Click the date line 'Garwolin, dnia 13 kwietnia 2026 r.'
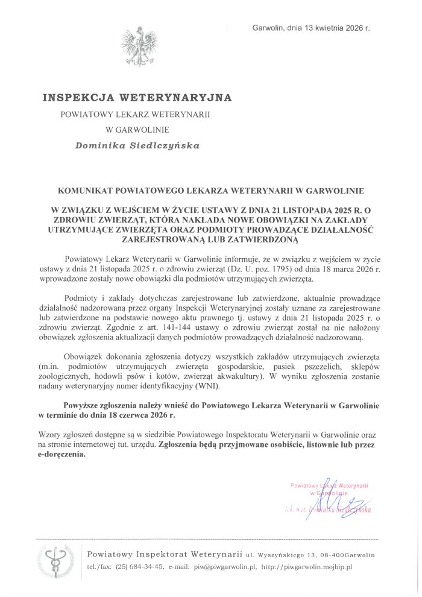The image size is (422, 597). tap(314, 28)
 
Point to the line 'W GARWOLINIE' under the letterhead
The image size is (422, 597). tap(137, 128)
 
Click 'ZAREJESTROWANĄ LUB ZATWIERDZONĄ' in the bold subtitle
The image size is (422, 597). tap(210, 239)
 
